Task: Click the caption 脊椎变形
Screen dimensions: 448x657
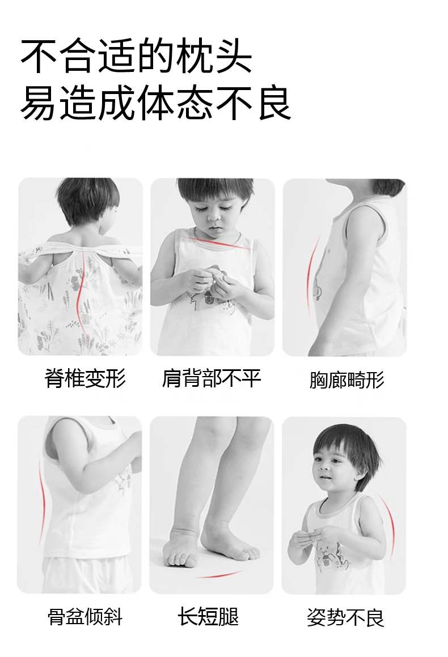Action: pos(85,378)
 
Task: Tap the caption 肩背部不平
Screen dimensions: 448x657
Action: pos(212,378)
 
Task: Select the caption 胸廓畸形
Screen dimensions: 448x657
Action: pos(347,380)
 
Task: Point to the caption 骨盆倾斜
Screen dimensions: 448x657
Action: pos(85,617)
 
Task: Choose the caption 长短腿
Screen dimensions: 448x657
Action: pos(208,616)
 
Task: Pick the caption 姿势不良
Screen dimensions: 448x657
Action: pos(345,617)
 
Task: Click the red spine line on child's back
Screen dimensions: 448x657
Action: pos(81,293)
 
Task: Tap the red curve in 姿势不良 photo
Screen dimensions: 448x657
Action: pos(389,524)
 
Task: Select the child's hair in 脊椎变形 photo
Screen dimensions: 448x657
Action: pos(87,199)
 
